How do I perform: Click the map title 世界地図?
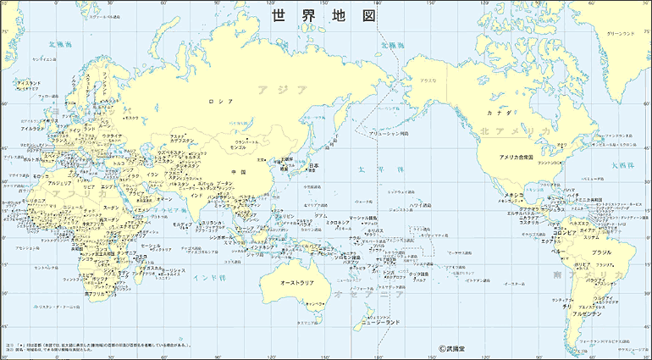pyautogui.click(x=322, y=16)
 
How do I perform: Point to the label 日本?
pyautogui.click(x=313, y=165)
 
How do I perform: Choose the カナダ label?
pyautogui.click(x=495, y=112)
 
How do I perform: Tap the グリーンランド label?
pyautogui.click(x=620, y=34)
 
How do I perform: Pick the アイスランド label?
pyautogui.click(x=30, y=83)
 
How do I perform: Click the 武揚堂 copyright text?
pyautogui.click(x=456, y=347)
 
